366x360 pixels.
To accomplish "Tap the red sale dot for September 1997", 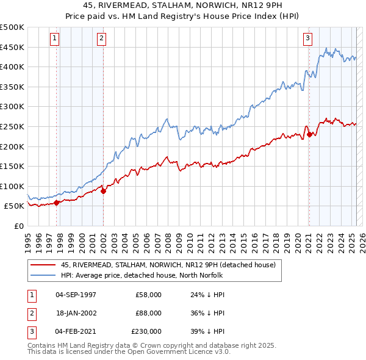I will [x=57, y=203].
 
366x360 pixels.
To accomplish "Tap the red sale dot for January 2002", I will [x=103, y=191].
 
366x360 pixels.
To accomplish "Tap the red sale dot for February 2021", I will [x=309, y=134].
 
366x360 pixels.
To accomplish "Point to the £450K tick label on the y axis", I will [x=12, y=47].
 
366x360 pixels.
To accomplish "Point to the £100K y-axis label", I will [x=12, y=186].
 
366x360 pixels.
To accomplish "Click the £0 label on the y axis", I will [x=18, y=226].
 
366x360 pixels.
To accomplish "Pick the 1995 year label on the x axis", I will [x=28, y=242].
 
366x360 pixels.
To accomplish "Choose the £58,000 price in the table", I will [x=148, y=295].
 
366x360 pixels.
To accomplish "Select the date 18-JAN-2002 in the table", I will [x=76, y=313].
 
